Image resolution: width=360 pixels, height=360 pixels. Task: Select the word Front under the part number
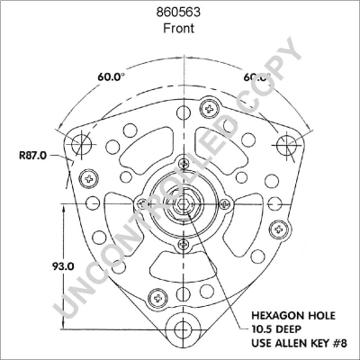179,28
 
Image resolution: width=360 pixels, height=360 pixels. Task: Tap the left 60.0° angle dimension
112,77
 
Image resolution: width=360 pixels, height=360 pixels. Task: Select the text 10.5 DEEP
277,331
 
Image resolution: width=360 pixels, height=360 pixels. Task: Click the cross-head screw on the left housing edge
88,175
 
